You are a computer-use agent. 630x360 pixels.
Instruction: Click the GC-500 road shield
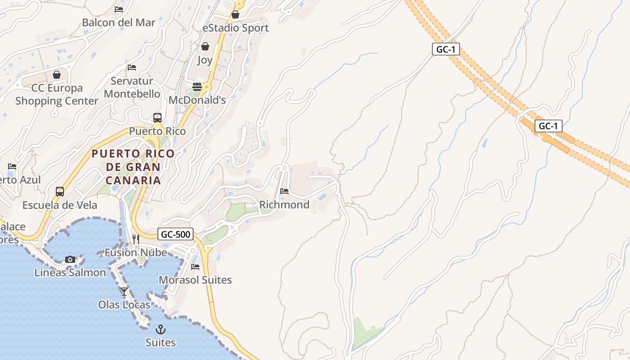175,234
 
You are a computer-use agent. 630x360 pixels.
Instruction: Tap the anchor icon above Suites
161,329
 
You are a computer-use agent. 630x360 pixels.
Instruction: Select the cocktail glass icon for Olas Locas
124,292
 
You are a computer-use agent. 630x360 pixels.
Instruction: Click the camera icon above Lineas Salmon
70,259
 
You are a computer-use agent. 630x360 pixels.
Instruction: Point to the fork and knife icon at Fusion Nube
135,239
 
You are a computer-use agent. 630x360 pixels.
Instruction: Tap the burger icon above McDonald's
197,87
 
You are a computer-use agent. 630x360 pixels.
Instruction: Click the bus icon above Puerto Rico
157,118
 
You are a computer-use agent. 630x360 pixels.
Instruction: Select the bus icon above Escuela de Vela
60,192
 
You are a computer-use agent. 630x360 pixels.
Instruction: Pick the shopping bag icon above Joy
205,46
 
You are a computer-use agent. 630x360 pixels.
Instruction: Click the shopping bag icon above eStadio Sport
235,15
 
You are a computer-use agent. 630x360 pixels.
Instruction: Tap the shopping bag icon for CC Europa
57,75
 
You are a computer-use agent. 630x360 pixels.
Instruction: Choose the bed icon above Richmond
284,191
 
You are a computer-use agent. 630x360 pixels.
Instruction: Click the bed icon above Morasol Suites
195,267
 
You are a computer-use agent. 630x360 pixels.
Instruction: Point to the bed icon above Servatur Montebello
132,67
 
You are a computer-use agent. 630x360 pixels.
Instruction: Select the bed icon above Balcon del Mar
119,9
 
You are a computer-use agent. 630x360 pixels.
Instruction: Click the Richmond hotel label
284,205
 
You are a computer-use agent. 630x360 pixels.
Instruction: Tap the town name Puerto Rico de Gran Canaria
133,167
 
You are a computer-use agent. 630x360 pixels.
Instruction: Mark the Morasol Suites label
195,280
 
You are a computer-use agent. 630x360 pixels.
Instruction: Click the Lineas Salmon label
70,272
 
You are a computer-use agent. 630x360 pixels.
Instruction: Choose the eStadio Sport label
235,28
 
